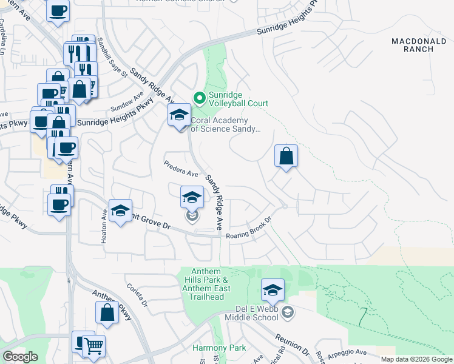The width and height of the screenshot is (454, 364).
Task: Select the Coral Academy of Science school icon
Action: tap(179, 115)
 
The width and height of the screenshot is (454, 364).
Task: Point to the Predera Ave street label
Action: tap(181, 169)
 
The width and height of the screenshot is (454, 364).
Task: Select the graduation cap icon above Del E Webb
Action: tap(273, 291)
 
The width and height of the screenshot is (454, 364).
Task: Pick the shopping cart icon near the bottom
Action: tap(93, 346)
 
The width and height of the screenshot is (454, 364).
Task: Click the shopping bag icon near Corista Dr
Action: tap(107, 314)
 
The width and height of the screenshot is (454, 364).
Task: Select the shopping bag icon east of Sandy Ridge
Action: tap(286, 156)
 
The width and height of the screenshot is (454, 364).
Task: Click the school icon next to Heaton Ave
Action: tap(121, 211)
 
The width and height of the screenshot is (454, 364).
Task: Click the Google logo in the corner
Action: tap(20, 357)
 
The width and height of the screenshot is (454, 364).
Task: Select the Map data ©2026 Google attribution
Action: tap(416, 359)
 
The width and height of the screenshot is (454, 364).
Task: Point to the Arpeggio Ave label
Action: tap(352, 352)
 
